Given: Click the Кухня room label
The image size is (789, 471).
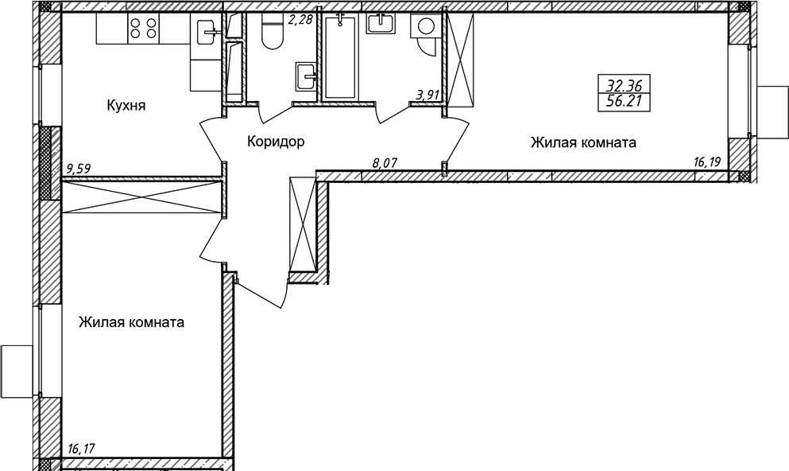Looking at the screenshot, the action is pyautogui.click(x=126, y=106).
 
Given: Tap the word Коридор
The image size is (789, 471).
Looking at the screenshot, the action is pyautogui.click(x=276, y=142).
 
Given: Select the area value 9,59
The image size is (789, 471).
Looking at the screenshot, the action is pyautogui.click(x=78, y=169).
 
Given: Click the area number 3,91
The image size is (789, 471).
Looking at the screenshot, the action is pyautogui.click(x=427, y=95).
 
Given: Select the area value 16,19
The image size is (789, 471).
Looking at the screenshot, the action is pyautogui.click(x=707, y=162).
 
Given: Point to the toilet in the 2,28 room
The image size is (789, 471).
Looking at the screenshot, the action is pyautogui.click(x=273, y=31).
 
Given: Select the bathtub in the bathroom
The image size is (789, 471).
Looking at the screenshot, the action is pyautogui.click(x=340, y=56).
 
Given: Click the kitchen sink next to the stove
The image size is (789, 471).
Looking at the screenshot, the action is pyautogui.click(x=206, y=33).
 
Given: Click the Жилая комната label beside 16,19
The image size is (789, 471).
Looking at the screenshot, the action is pyautogui.click(x=583, y=143).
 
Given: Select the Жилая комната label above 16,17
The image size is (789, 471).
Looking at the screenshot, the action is pyautogui.click(x=131, y=322).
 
